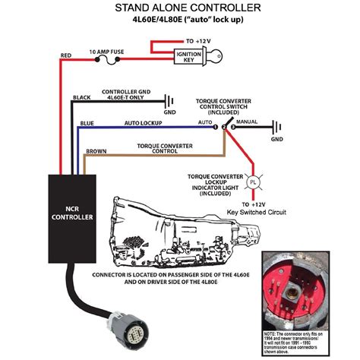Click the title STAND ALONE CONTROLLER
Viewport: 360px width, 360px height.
coord(180,8)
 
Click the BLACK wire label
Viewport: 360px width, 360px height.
coord(82,97)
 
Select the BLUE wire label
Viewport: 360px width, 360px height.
coord(87,123)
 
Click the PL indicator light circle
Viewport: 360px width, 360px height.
coord(254,182)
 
